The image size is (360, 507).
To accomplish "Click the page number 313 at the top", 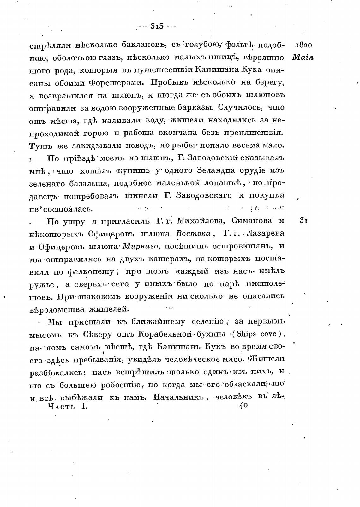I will (x=157, y=27).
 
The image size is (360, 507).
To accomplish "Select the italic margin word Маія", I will (x=303, y=57).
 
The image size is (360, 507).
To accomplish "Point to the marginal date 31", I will (x=303, y=221).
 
